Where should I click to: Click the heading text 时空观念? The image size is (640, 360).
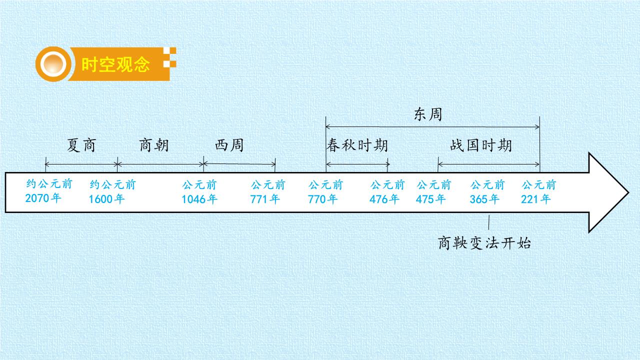point(115,64)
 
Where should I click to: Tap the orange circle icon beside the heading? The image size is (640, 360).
point(53,64)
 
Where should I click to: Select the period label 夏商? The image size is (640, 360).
point(81,145)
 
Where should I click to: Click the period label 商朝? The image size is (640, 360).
point(154,145)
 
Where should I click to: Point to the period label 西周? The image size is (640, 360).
point(229,145)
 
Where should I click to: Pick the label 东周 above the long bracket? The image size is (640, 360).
point(427,114)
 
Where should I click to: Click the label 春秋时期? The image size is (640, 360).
point(357,145)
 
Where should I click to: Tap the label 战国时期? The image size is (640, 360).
point(481,145)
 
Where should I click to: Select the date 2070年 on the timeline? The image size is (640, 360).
point(43,198)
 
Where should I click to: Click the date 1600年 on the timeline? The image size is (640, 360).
point(106,199)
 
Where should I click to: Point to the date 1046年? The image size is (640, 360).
point(199,199)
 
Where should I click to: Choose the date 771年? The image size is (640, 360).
point(265,199)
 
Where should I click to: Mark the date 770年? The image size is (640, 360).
point(322,199)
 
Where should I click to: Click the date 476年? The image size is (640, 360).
point(384,199)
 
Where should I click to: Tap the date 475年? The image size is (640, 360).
point(430,199)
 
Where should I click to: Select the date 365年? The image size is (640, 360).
point(484,199)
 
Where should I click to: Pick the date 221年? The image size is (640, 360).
point(535,199)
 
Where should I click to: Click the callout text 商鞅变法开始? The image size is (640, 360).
point(484,243)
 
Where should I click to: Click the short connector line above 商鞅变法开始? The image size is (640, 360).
point(489,222)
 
